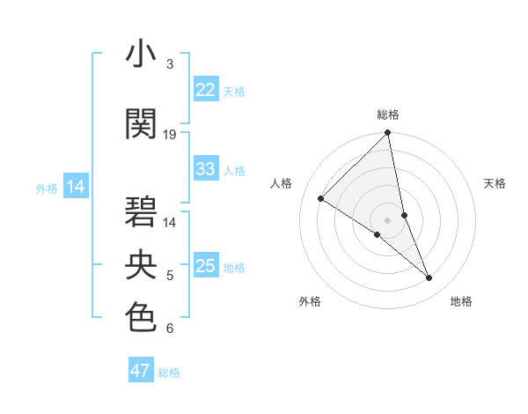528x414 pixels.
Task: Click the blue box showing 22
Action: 206,90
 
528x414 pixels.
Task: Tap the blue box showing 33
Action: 206,169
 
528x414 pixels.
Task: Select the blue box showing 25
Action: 206,266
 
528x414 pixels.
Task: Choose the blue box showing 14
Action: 76,187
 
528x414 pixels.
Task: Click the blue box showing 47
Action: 141,371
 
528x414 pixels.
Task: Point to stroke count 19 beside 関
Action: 170,135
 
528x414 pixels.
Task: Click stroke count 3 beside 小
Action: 170,64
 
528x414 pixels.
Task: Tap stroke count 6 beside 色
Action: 170,329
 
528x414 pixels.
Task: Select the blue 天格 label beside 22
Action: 234,91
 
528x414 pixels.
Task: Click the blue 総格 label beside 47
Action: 169,373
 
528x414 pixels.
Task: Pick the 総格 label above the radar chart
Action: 388,115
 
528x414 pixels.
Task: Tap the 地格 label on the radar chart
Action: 461,301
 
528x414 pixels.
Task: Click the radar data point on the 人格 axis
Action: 321,199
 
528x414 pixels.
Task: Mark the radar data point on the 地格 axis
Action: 429,278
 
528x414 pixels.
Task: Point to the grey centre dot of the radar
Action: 388,219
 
